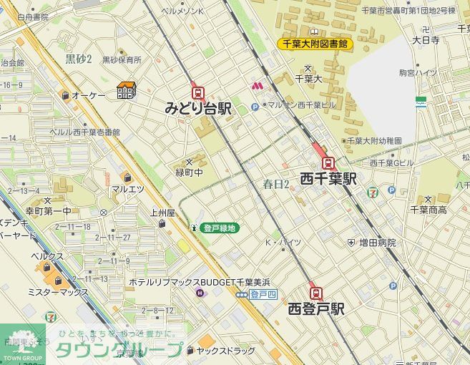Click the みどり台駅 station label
click(198, 109)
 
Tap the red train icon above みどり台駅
click(198, 92)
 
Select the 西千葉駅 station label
click(328, 178)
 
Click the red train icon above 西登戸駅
click(315, 293)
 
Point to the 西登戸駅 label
click(316, 309)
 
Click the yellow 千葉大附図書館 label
click(315, 44)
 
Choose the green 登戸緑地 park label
click(220, 228)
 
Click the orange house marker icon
click(127, 91)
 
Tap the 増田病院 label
click(377, 243)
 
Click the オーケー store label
click(89, 95)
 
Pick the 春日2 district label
click(276, 184)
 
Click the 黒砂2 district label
click(79, 59)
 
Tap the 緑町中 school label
click(190, 172)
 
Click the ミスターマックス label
click(57, 292)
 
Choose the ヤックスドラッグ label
click(225, 351)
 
